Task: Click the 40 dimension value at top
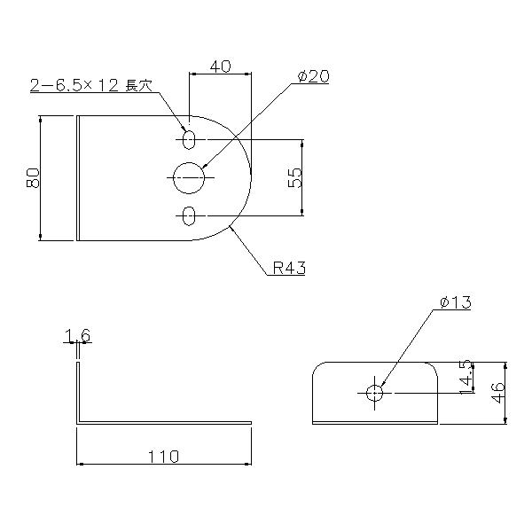pyautogui.click(x=220, y=66)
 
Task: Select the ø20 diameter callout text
pyautogui.click(x=313, y=76)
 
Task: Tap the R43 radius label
pyautogui.click(x=289, y=268)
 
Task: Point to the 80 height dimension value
pyautogui.click(x=33, y=178)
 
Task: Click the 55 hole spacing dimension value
pyautogui.click(x=294, y=178)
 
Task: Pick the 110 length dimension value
pyautogui.click(x=163, y=457)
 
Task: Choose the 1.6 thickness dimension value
pyautogui.click(x=77, y=336)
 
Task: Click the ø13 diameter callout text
pyautogui.click(x=456, y=302)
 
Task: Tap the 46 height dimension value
pyautogui.click(x=498, y=393)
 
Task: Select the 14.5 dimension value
pyautogui.click(x=466, y=377)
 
